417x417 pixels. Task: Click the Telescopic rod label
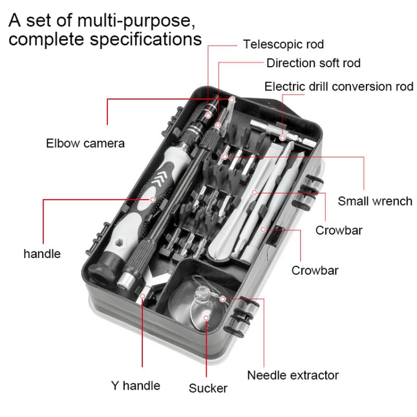(283, 45)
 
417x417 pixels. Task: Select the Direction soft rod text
(313, 63)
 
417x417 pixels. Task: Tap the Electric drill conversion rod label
(338, 87)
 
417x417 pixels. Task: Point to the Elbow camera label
(85, 143)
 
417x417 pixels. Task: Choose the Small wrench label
(374, 201)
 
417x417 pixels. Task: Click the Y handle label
(135, 386)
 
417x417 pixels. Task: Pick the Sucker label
(208, 388)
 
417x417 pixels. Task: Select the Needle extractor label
(292, 375)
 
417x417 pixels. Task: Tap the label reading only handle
(42, 254)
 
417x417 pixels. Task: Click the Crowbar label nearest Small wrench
(338, 231)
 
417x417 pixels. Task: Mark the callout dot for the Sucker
(207, 317)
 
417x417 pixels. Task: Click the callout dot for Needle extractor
(222, 298)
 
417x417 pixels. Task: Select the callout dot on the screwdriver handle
(153, 200)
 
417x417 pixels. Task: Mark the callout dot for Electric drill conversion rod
(283, 138)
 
